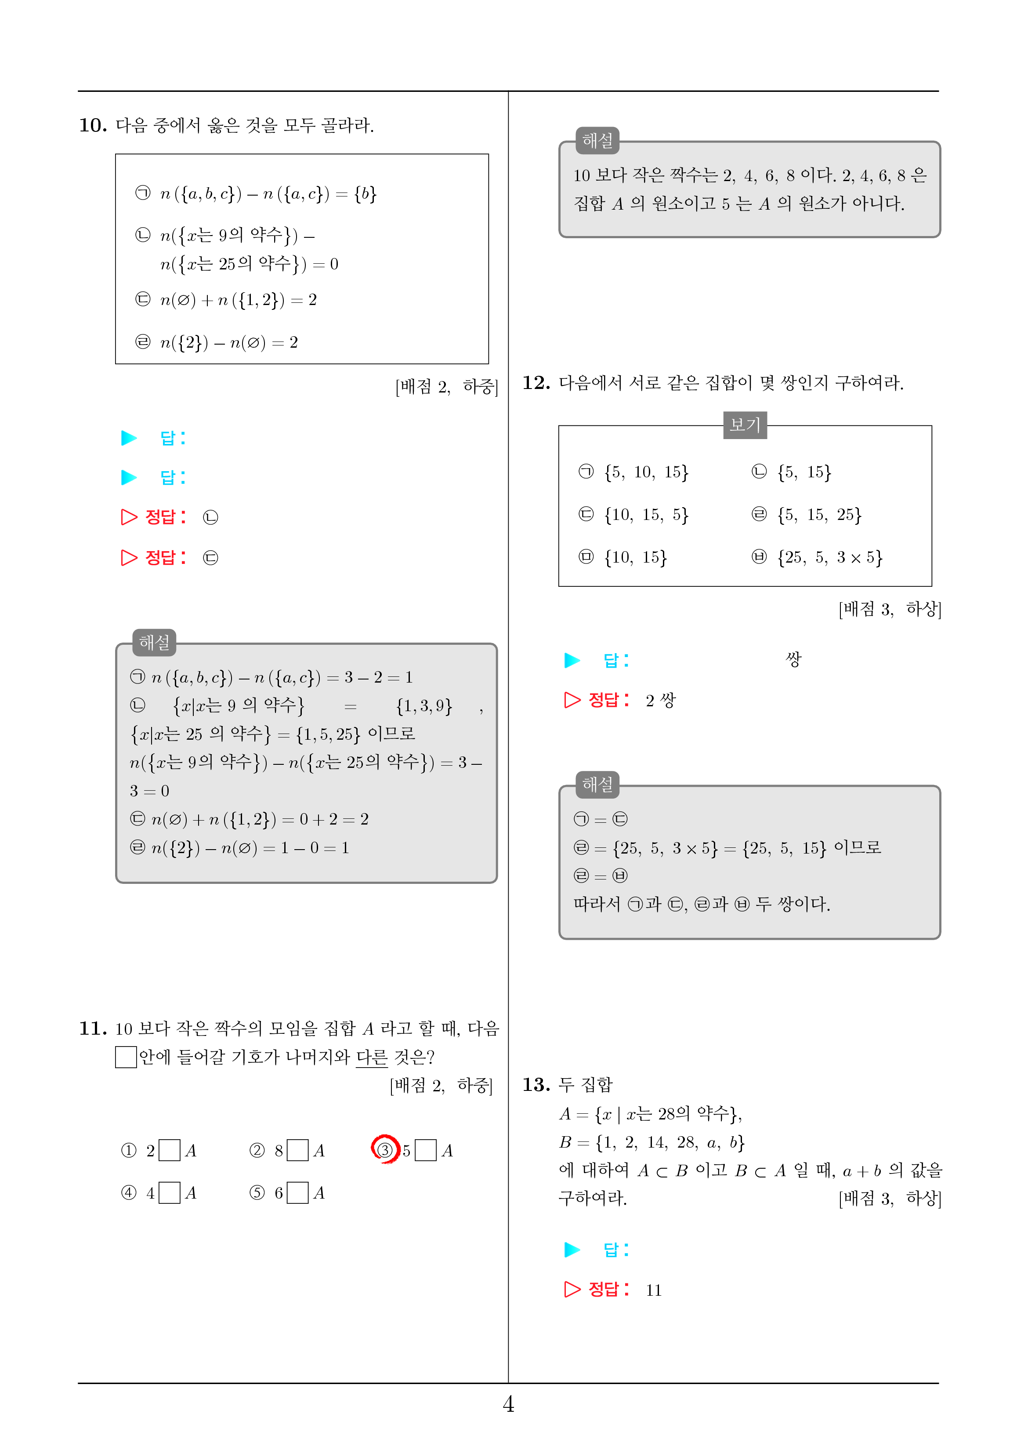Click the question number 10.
[x=93, y=125]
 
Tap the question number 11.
[x=93, y=1028]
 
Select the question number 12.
[x=536, y=383]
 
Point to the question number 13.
[x=536, y=1085]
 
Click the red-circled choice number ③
[x=385, y=1149]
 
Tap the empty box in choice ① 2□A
[x=169, y=1150]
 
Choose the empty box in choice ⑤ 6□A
[x=298, y=1193]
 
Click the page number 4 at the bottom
[x=508, y=1404]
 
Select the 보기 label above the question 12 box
[x=745, y=425]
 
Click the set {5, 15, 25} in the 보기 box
[x=819, y=515]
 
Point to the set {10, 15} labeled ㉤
[x=635, y=557]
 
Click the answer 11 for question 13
[x=654, y=1290]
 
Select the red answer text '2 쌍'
[x=660, y=700]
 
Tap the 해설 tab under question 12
[x=597, y=785]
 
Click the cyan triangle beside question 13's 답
[x=572, y=1250]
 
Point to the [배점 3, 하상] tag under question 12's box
[x=889, y=609]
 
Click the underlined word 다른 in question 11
[x=372, y=1058]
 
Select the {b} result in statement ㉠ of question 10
[x=365, y=194]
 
